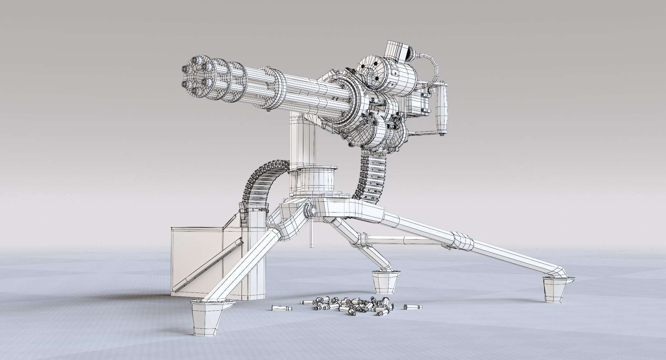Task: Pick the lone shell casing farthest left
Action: pyautogui.click(x=281, y=308)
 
